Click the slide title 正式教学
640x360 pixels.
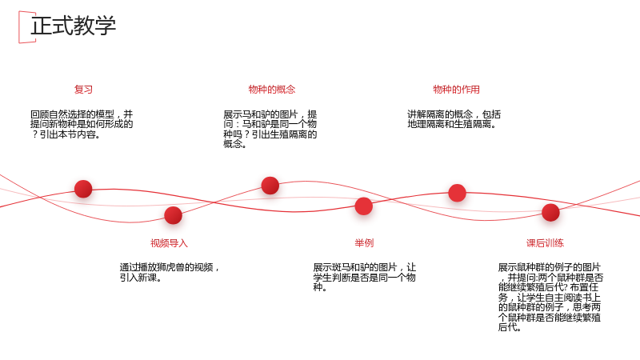(x=73, y=26)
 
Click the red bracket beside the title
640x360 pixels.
(x=19, y=27)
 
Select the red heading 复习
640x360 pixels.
(x=83, y=90)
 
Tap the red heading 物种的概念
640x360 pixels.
(x=272, y=90)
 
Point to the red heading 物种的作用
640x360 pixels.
(x=456, y=90)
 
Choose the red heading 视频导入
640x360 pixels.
(x=169, y=243)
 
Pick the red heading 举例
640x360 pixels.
(x=364, y=243)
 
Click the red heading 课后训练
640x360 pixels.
(x=545, y=243)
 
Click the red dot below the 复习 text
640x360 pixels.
(x=83, y=189)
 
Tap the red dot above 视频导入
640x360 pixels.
(x=173, y=215)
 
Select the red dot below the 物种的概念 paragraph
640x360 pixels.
(x=270, y=186)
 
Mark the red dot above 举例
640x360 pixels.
(x=364, y=206)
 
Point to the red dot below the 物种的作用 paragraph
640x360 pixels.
(x=457, y=193)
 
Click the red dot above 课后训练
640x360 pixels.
(x=550, y=213)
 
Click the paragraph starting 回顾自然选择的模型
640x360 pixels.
(x=82, y=125)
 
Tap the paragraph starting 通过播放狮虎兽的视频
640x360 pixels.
(x=170, y=273)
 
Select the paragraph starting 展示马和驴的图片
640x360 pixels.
(x=270, y=129)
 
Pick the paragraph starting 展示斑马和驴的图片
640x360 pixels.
(x=365, y=278)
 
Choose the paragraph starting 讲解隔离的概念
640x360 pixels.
(x=454, y=119)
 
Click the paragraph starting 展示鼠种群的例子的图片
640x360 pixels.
(x=550, y=297)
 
